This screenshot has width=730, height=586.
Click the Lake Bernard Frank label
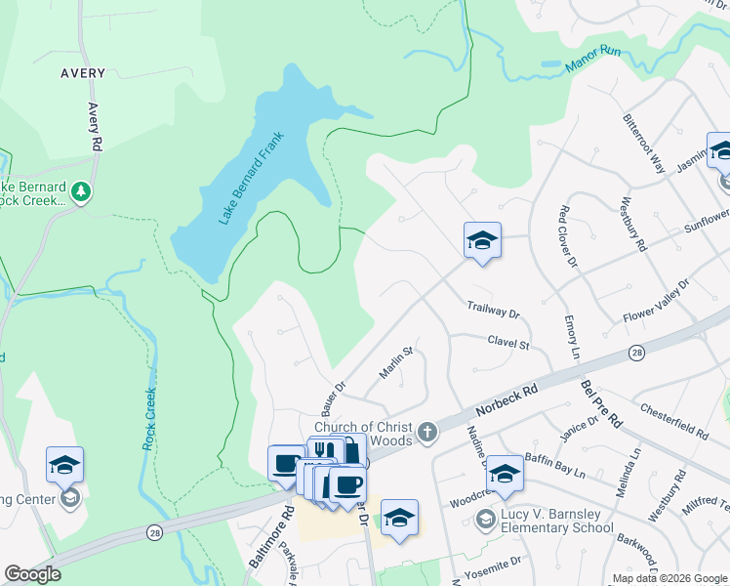click(251, 177)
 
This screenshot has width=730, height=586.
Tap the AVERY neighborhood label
click(83, 72)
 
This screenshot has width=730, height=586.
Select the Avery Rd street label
click(95, 127)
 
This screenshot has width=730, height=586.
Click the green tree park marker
click(83, 190)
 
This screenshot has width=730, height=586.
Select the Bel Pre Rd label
click(601, 404)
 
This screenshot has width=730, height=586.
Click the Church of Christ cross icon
click(426, 432)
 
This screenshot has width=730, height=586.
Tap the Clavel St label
click(508, 343)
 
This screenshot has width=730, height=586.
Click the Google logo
click(32, 574)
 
